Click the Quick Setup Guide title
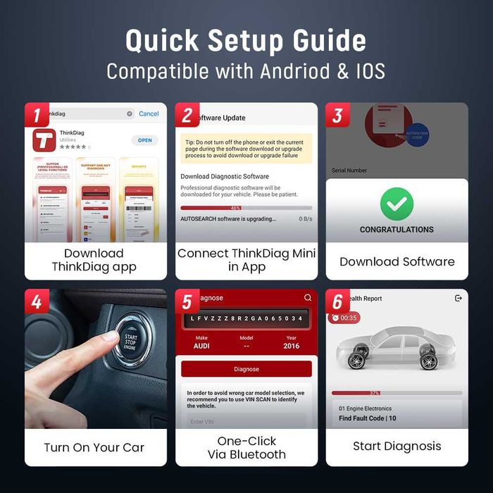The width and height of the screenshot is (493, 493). [246, 40]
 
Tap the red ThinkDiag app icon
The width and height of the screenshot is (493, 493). [44, 139]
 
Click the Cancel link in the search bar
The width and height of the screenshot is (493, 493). [149, 113]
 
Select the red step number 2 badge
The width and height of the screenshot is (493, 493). [187, 116]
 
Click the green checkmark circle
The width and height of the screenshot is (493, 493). [397, 204]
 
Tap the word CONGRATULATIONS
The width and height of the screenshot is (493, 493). [397, 230]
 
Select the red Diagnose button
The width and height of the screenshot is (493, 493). [246, 369]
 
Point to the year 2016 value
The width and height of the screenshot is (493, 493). [291, 347]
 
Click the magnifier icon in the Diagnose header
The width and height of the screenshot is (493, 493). [307, 298]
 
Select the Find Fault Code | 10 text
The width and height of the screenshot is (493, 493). [367, 418]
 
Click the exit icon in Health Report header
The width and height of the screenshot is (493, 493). [458, 299]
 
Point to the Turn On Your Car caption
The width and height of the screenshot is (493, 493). [95, 447]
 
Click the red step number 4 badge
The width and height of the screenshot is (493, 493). [36, 301]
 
